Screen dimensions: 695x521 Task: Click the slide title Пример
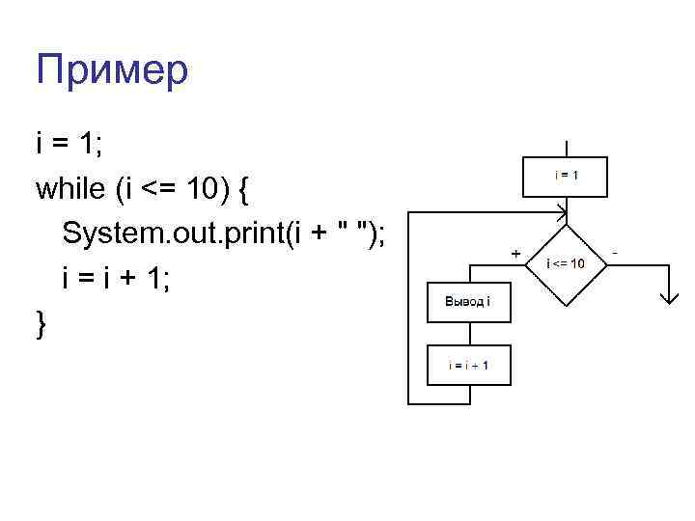(113, 69)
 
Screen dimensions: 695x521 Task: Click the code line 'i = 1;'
(71, 143)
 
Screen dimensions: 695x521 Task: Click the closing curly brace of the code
(41, 324)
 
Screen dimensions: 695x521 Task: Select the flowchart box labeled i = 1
(567, 176)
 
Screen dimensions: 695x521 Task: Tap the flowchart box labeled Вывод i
(467, 302)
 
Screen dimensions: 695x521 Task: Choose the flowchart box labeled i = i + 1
(467, 365)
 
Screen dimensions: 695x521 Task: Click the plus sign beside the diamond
(514, 253)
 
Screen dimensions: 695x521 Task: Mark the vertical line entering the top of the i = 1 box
(567, 145)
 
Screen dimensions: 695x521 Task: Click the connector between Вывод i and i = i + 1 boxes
(467, 334)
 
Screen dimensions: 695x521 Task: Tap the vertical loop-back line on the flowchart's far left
(408, 309)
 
